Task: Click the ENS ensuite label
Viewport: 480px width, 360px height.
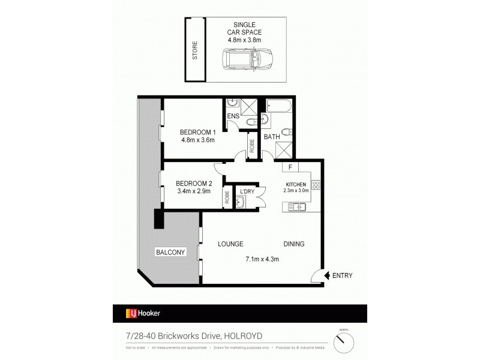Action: [x=233, y=116]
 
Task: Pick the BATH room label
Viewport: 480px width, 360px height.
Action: [x=272, y=137]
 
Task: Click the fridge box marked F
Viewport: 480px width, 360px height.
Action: [x=290, y=168]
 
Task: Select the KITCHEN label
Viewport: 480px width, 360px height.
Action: [x=296, y=184]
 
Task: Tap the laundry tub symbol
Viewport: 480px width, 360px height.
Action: [x=242, y=202]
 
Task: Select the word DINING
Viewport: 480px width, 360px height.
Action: [x=294, y=244]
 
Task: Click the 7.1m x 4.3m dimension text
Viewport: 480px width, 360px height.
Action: [x=263, y=259]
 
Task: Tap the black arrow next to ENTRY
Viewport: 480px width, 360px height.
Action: [x=328, y=275]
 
